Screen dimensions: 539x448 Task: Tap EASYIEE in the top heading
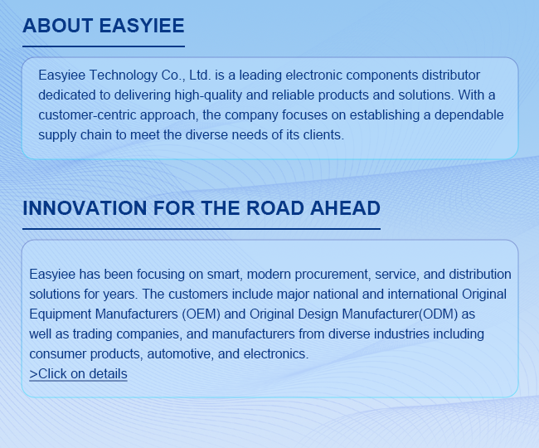tap(142, 26)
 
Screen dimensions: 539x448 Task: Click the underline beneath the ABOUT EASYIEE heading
tap(104, 46)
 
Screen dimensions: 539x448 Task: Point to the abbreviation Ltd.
tap(200, 75)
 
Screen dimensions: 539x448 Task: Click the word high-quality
tap(208, 95)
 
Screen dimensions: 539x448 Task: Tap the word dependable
tap(469, 115)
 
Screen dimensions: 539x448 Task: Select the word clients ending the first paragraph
tap(323, 134)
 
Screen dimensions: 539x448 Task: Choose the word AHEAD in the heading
tap(346, 208)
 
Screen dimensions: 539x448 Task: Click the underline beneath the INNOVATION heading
tap(202, 229)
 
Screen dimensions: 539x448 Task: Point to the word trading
tap(93, 334)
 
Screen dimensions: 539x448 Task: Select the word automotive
tap(180, 354)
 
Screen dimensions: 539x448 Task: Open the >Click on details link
tap(79, 373)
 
